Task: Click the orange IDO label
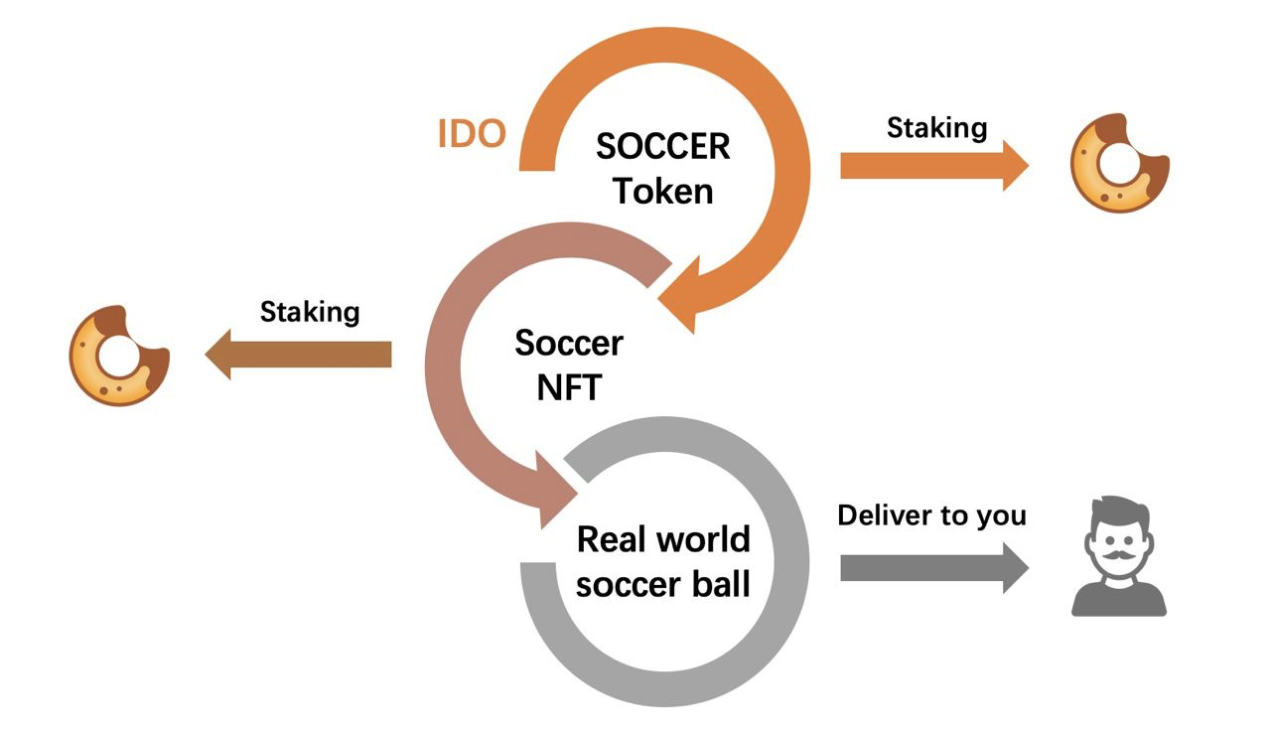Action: pos(473,133)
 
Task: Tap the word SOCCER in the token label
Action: pos(662,147)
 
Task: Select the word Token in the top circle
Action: pos(662,191)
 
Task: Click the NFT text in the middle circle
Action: pos(569,387)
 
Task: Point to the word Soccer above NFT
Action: pos(569,344)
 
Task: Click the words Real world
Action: pos(663,540)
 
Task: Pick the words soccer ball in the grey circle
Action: pos(663,584)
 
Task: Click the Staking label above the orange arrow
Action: pos(936,127)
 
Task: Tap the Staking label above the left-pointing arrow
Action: pos(309,312)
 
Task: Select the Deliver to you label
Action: pos(931,515)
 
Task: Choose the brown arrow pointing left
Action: pos(298,355)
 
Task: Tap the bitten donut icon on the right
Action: pos(1118,163)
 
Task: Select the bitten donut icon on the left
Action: pos(118,355)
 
